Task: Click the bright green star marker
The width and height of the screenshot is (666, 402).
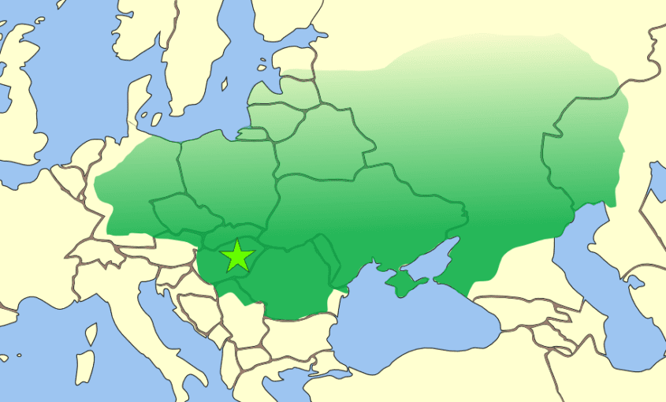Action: [237, 256]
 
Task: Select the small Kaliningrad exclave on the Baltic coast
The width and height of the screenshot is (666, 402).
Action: [252, 135]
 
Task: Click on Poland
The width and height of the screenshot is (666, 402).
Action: [229, 173]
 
